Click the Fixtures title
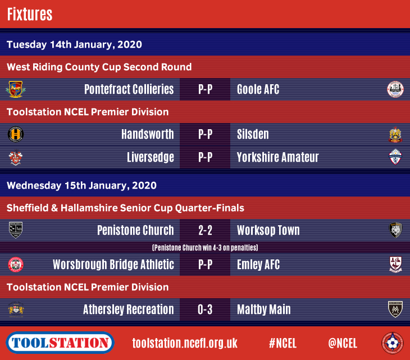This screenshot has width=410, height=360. click(30, 14)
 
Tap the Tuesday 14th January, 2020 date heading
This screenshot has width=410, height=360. click(74, 44)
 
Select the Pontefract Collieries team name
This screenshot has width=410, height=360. click(129, 89)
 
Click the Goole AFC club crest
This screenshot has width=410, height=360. click(395, 89)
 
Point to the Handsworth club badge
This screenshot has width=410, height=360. click(16, 134)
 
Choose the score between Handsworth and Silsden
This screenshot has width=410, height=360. click(205, 134)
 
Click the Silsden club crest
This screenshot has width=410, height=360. click(395, 134)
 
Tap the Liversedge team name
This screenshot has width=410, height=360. click(151, 157)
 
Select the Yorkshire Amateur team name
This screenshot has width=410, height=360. click(277, 157)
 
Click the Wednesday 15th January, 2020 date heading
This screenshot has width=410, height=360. click(81, 185)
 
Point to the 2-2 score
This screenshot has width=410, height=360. click(205, 230)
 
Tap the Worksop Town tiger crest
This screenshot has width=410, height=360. click(395, 230)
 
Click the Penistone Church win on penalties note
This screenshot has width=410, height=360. click(205, 247)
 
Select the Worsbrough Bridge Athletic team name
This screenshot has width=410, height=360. click(113, 265)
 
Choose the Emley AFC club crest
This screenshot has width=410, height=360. click(395, 265)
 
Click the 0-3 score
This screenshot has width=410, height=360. click(205, 309)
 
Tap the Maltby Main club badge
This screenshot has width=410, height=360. click(395, 309)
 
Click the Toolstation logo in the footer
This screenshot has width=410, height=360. click(60, 343)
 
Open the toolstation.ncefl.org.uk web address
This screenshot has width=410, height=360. click(185, 343)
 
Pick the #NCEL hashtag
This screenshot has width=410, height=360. click(283, 343)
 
